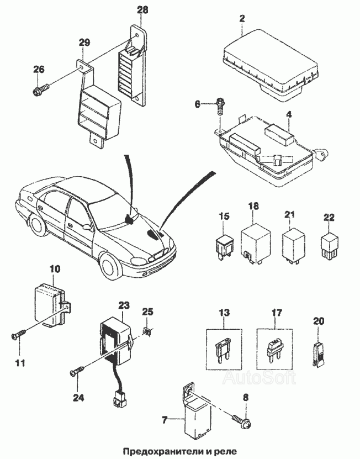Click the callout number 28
pyautogui.click(x=142, y=10)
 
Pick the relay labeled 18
pyautogui.click(x=255, y=243)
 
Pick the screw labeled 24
pyautogui.click(x=76, y=372)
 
